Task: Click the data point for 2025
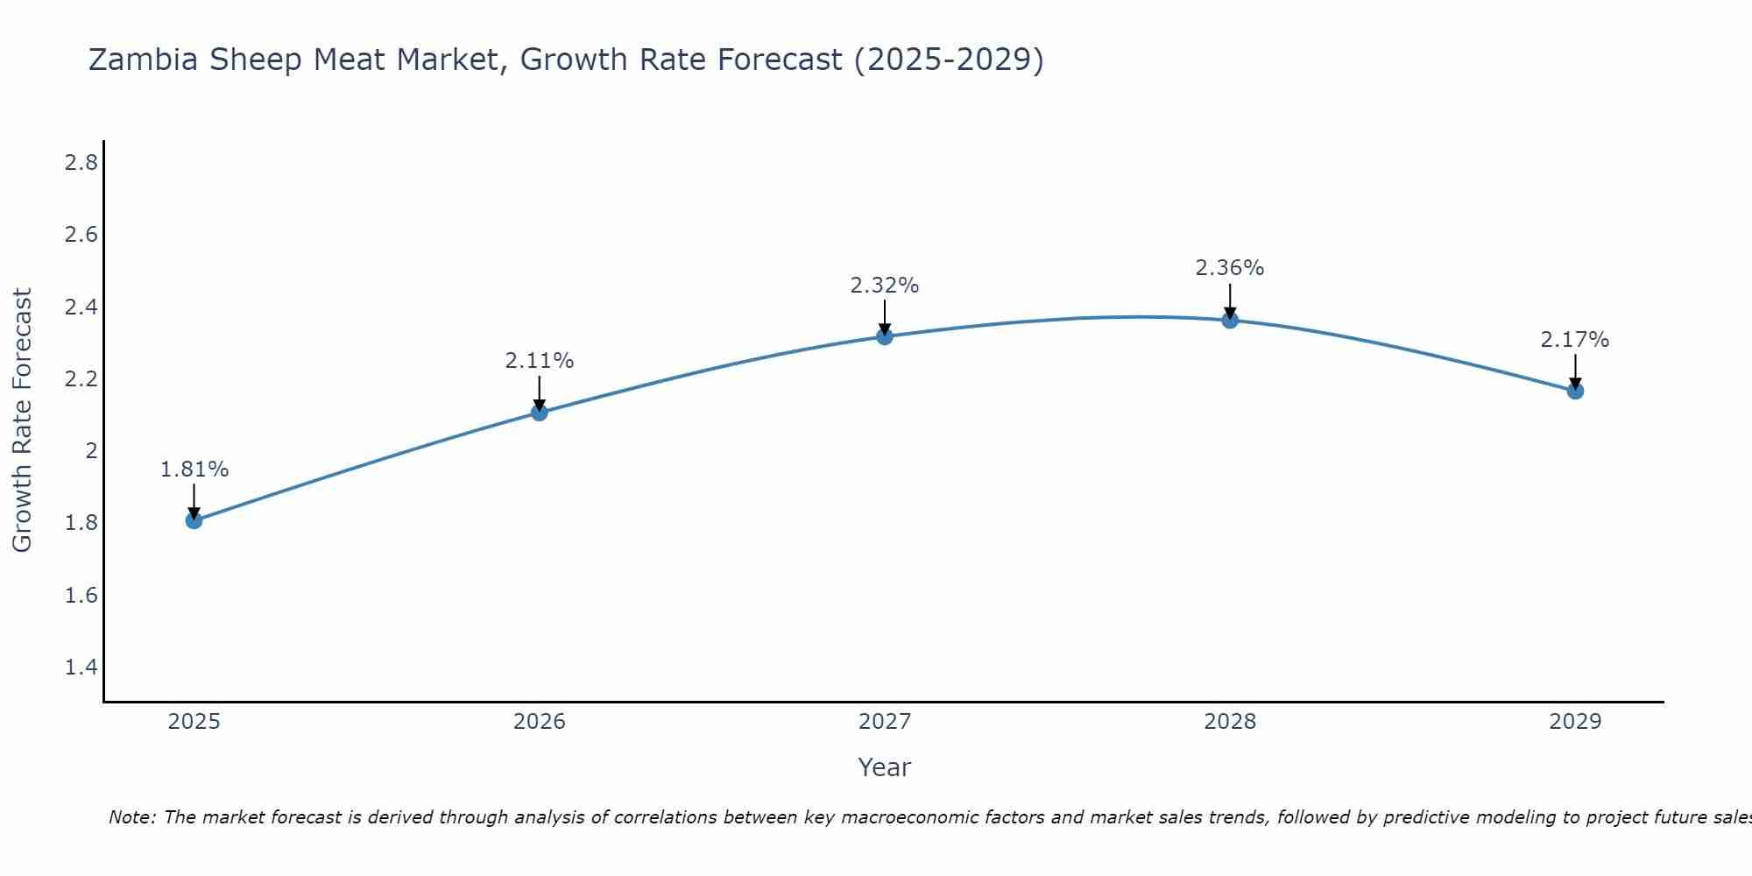pos(194,520)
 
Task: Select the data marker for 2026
pos(540,412)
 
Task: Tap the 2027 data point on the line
pos(885,336)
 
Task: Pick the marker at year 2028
pos(1230,320)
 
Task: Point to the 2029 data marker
pos(1575,391)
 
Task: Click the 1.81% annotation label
pos(194,470)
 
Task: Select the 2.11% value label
pos(540,361)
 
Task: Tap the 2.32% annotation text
pos(885,286)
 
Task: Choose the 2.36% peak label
pos(1230,268)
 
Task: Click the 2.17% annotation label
pos(1575,340)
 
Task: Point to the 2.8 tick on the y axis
pos(81,163)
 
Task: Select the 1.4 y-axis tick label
pos(81,668)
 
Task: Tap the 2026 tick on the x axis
pos(540,722)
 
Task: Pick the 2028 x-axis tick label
pos(1230,722)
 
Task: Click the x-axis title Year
pos(885,767)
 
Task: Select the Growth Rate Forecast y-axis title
pos(23,420)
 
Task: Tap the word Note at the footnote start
pos(131,817)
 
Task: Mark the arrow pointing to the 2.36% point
pos(1230,300)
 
